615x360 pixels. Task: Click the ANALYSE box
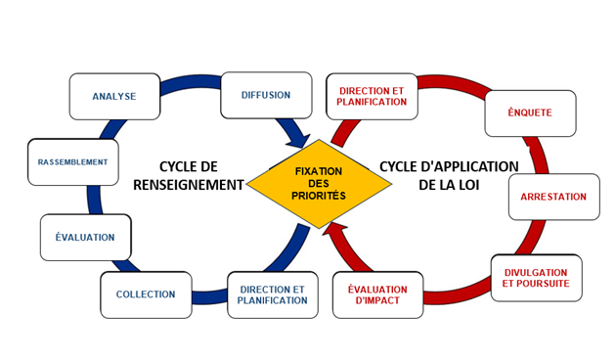pyautogui.click(x=114, y=97)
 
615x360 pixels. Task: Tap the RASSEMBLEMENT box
pyautogui.click(x=72, y=161)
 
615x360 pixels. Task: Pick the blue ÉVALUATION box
pyautogui.click(x=85, y=237)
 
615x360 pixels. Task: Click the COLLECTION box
pyautogui.click(x=146, y=294)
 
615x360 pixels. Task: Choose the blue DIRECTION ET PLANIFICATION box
pyautogui.click(x=272, y=294)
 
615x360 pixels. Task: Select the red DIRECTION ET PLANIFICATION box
pyautogui.click(x=372, y=95)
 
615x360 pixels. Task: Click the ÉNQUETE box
pyautogui.click(x=530, y=112)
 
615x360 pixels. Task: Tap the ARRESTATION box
pyautogui.click(x=553, y=197)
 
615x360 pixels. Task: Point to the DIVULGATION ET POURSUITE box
pyautogui.click(x=535, y=278)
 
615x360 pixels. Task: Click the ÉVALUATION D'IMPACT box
pyautogui.click(x=378, y=294)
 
